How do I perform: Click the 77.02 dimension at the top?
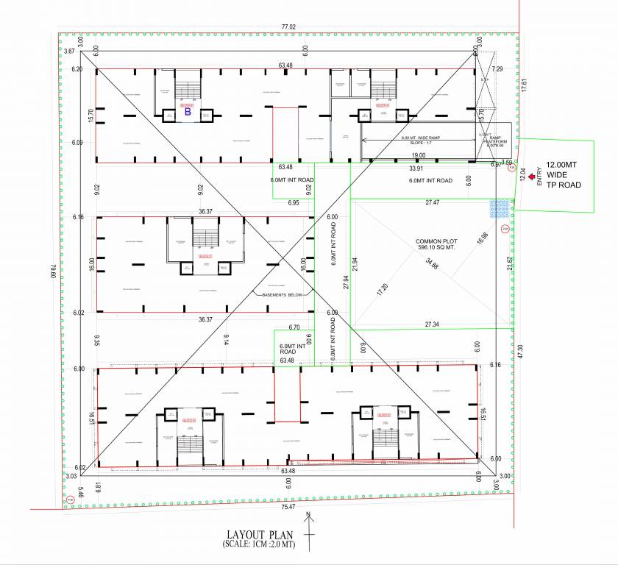coord(288,27)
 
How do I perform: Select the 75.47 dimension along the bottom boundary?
coord(288,506)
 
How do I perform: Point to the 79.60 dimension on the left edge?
coord(52,272)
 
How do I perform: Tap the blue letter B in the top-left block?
coord(187,113)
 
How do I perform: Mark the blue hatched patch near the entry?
coord(501,207)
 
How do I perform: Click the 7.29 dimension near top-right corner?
coord(497,68)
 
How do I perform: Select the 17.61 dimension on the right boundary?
coord(524,85)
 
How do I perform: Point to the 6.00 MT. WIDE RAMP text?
coord(418,138)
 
